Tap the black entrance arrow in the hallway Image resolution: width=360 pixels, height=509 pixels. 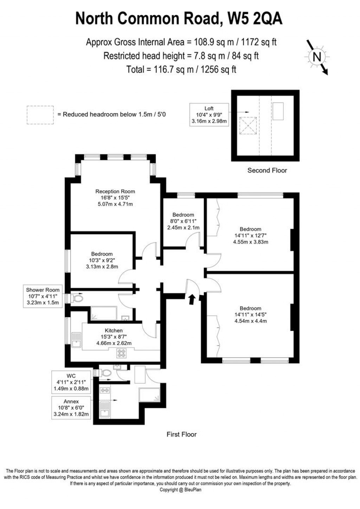pos(192,299)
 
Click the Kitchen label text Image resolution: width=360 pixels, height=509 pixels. pos(114,331)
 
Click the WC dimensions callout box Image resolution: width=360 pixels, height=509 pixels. pos(71,382)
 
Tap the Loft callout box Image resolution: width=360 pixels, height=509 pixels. pos(209,115)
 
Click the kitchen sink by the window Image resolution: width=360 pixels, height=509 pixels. pos(76,340)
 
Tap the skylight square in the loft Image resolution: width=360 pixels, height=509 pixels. pos(248,126)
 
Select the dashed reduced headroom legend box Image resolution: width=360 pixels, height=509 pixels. pos(40,115)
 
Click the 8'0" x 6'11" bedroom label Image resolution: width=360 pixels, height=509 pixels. pos(183,221)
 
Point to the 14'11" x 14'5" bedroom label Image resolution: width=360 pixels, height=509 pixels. pos(250,314)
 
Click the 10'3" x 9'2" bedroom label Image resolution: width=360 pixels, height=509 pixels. pos(102,260)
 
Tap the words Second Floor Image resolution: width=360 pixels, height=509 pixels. pos(267,170)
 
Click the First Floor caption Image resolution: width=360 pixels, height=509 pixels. pos(181,435)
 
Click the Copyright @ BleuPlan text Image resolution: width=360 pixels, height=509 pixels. pos(180,490)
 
